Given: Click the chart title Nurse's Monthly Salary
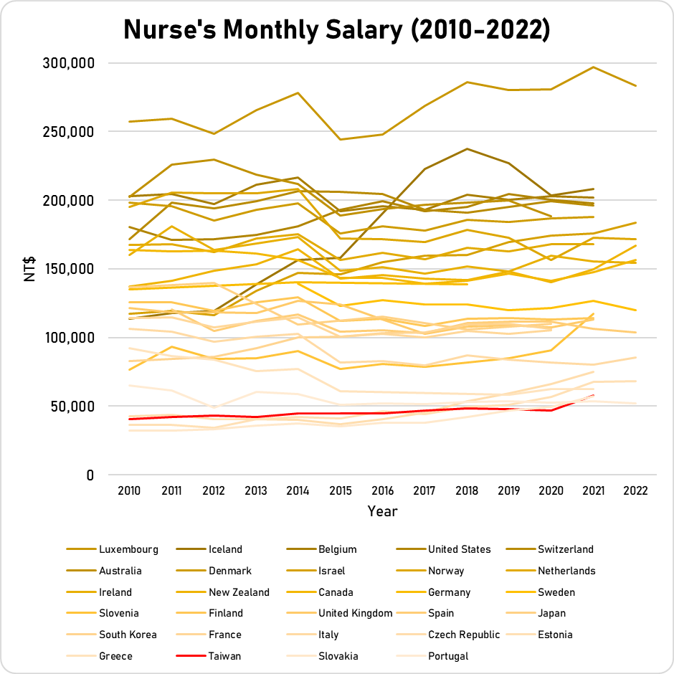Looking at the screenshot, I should tap(336, 29).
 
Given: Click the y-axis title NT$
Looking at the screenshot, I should tap(30, 269).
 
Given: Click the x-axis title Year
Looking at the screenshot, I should tap(382, 511).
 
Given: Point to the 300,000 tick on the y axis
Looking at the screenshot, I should tap(70, 63).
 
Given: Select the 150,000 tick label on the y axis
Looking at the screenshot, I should tap(70, 269).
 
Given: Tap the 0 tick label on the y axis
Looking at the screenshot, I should tap(90, 475).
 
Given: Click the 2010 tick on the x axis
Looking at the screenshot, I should tap(128, 491).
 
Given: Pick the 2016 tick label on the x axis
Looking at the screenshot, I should tap(382, 491).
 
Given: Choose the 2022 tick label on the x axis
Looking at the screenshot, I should tap(636, 491).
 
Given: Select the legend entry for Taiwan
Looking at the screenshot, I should tap(224, 656).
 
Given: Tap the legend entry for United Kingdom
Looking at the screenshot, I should tap(355, 613).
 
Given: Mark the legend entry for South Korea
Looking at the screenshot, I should tap(128, 635).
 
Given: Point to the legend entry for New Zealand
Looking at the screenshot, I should tap(239, 592).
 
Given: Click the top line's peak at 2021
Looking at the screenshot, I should tap(594, 67).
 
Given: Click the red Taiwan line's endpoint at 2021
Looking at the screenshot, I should tap(594, 395).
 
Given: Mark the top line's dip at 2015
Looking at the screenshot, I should tap(340, 139).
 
